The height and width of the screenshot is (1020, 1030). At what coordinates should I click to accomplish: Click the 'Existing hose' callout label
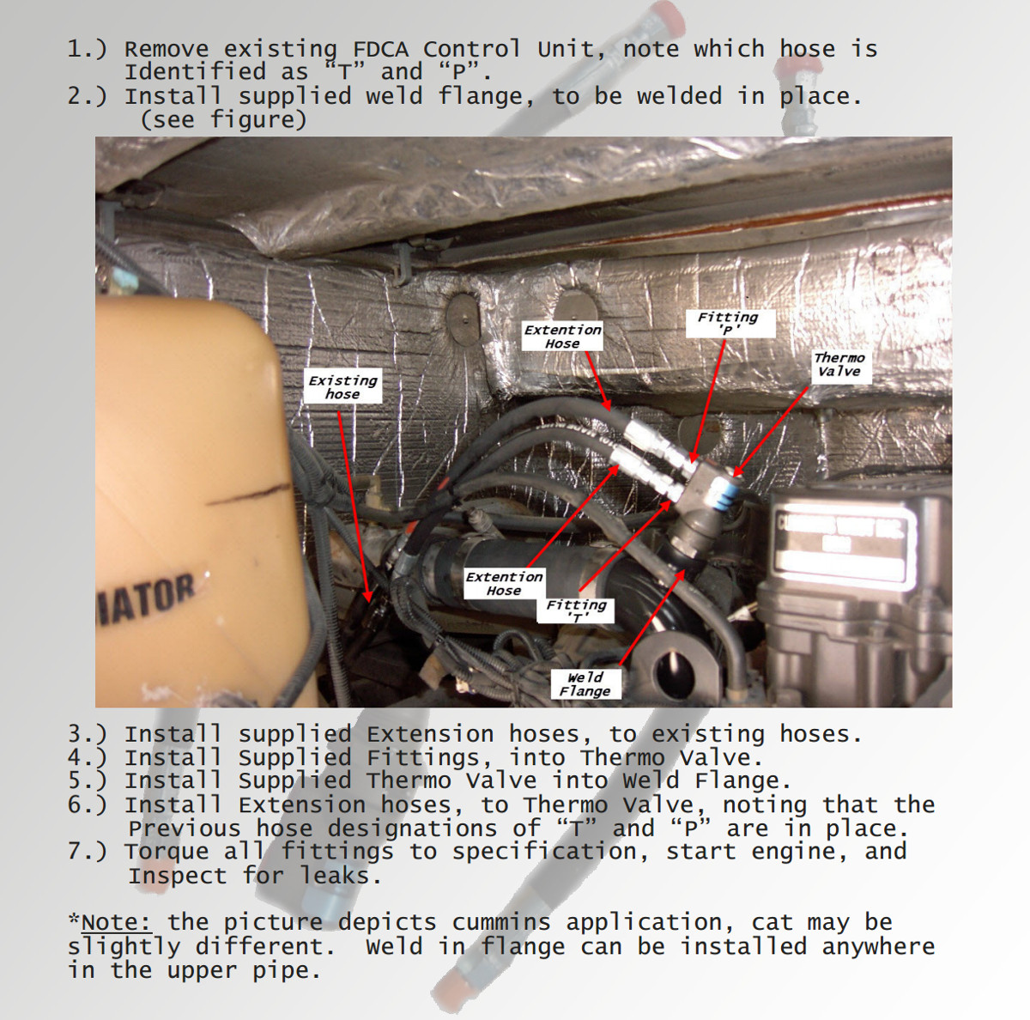click(x=342, y=387)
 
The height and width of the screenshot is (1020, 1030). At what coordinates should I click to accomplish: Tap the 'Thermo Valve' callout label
click(x=839, y=365)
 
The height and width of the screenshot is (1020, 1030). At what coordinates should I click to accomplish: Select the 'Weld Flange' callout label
click(x=585, y=684)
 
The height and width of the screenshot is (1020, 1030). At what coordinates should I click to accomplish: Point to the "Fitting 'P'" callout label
click(x=728, y=323)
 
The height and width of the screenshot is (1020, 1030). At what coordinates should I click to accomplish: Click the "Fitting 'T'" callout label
click(x=576, y=610)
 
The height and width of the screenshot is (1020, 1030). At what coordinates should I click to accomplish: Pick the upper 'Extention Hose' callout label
click(x=563, y=337)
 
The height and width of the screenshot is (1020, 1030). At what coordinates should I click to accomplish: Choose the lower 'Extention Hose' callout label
click(x=504, y=584)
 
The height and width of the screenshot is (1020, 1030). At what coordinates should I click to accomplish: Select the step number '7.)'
click(x=88, y=852)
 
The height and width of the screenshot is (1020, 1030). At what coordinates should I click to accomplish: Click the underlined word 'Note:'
click(x=116, y=923)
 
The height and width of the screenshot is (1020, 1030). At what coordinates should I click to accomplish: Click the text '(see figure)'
click(x=223, y=119)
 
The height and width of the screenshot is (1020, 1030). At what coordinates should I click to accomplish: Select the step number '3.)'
click(x=88, y=735)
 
